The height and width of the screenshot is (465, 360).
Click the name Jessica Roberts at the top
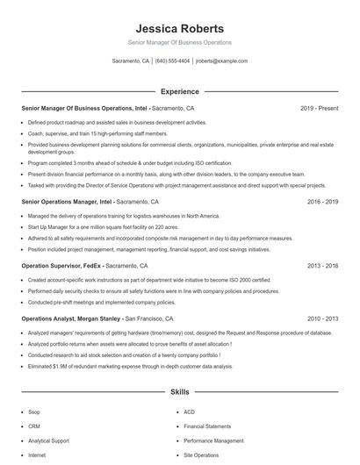tap(179, 28)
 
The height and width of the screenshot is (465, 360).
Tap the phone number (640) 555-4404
tap(172, 61)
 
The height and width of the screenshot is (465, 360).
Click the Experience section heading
tap(179, 91)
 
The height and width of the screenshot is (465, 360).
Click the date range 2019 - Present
tap(319, 108)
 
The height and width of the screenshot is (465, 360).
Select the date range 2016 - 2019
tap(322, 201)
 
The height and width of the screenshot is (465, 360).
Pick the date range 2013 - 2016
tap(322, 264)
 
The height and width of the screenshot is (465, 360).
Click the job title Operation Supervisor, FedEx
tap(61, 264)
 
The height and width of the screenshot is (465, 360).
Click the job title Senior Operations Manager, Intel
tap(67, 201)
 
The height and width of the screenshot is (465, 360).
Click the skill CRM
tap(35, 426)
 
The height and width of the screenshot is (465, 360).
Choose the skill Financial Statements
tap(207, 426)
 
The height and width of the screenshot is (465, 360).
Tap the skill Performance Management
tap(213, 440)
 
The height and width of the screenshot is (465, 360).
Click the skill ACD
tap(189, 411)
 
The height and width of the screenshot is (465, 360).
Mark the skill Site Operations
tap(201, 455)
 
